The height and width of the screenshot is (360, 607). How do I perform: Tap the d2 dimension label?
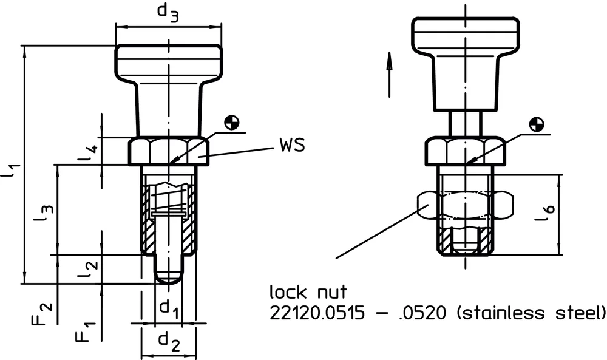pyautogui.click(x=168, y=344)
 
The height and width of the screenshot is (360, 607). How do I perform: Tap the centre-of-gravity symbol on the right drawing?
pyautogui.click(x=535, y=125)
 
